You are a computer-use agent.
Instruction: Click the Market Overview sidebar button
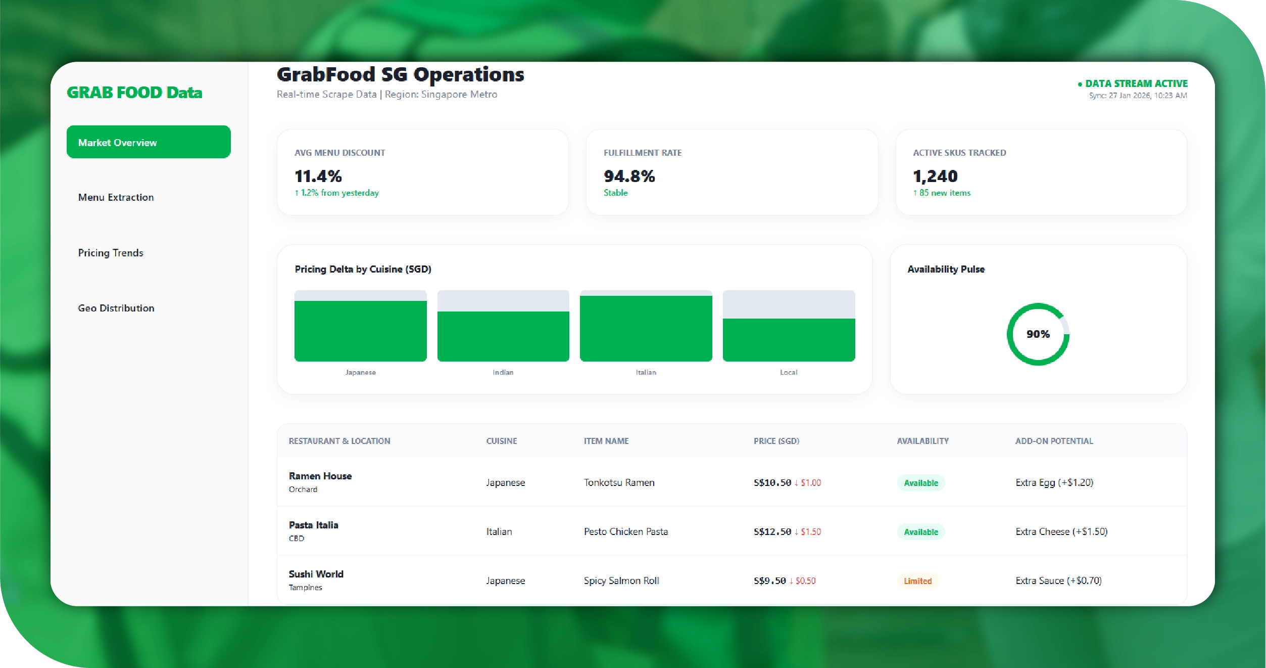[x=148, y=142]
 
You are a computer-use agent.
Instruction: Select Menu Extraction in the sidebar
[x=116, y=197]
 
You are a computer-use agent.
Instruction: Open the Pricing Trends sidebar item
[x=111, y=253]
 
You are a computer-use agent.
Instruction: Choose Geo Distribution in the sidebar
[x=116, y=308]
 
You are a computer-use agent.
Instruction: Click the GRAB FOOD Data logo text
[x=134, y=93]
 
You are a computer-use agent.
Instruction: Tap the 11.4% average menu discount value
[x=318, y=176]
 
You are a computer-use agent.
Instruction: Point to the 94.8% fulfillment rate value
[x=629, y=176]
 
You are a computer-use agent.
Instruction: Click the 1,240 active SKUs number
[x=935, y=176]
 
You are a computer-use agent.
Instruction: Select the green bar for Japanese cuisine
[x=360, y=331]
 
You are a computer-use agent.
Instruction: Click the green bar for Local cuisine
[x=789, y=340]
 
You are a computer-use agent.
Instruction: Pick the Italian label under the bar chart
[x=646, y=372]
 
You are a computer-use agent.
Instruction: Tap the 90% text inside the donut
[x=1038, y=334]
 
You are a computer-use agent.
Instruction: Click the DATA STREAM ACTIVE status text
[x=1136, y=83]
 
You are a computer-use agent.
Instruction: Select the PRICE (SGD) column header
[x=776, y=441]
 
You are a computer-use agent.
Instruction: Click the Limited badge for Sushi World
[x=917, y=581]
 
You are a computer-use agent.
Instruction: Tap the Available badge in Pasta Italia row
[x=920, y=532]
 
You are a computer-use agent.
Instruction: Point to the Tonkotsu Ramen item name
[x=619, y=482]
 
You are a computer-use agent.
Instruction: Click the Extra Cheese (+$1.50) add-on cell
[x=1061, y=531]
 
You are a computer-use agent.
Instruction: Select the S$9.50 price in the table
[x=769, y=581]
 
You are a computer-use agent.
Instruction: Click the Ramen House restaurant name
[x=320, y=476]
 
